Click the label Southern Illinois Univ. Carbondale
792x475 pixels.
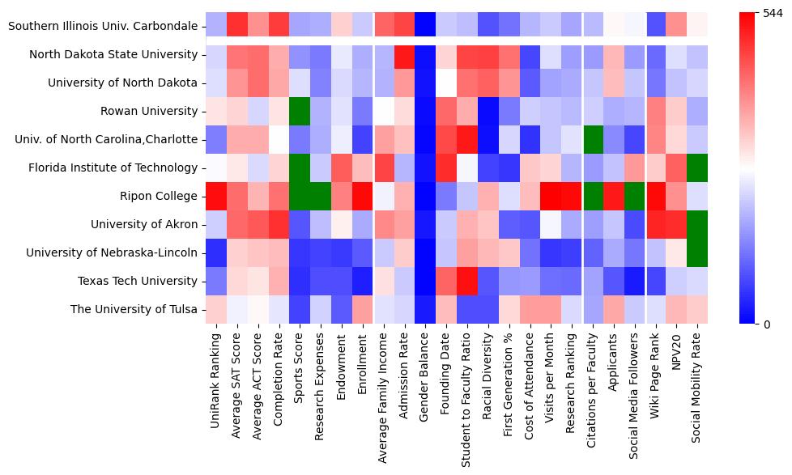click(103, 26)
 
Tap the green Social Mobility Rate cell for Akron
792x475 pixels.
click(697, 224)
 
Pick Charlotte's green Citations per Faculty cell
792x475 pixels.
click(593, 139)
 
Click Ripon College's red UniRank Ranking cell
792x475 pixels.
click(216, 196)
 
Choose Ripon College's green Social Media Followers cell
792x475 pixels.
click(634, 196)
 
